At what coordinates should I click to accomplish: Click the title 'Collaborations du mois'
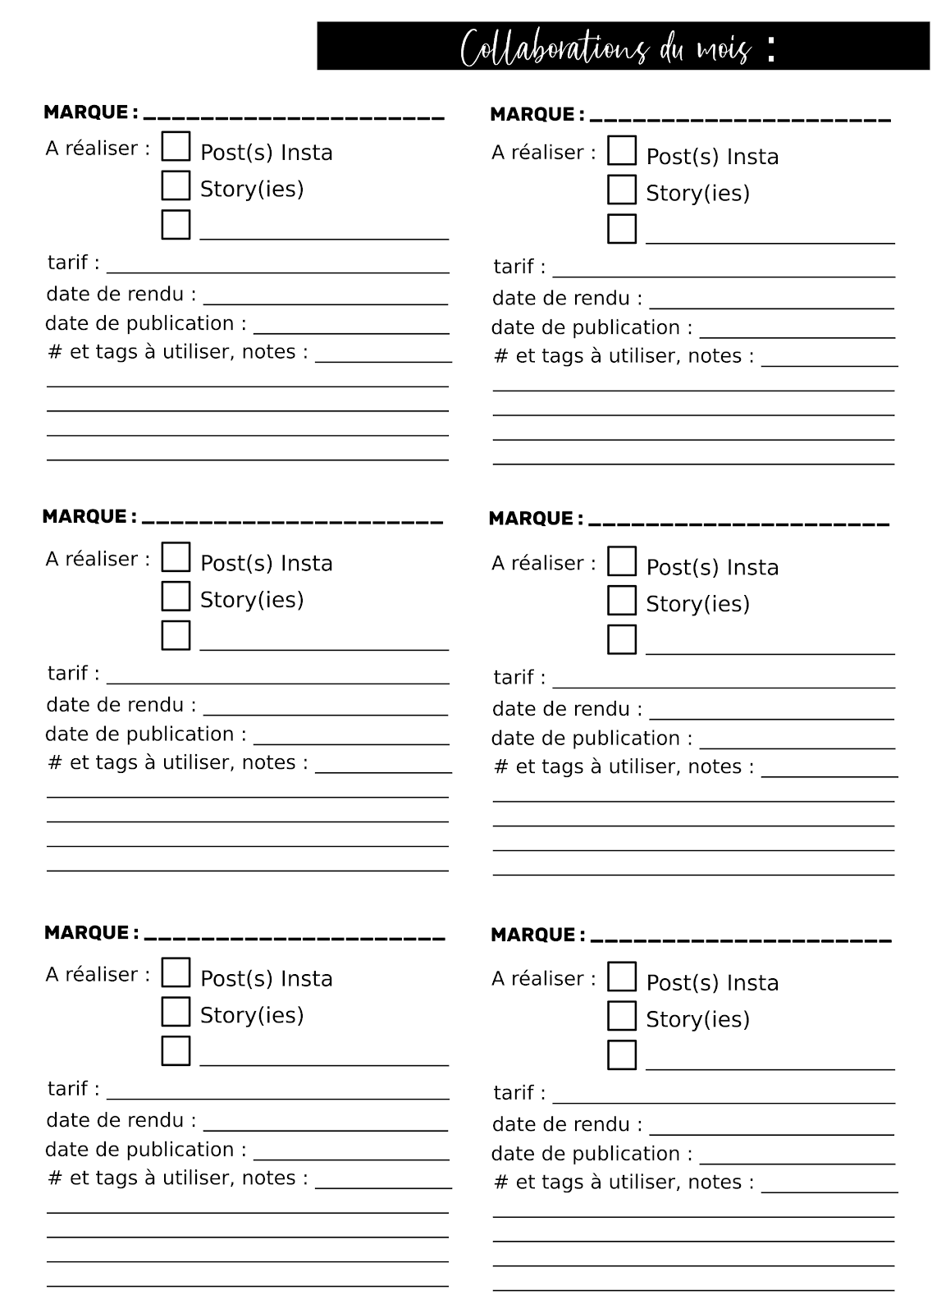point(605,48)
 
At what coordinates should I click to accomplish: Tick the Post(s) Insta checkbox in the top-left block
point(176,147)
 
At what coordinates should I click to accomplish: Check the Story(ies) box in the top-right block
point(622,190)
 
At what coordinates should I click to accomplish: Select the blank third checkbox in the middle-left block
point(176,635)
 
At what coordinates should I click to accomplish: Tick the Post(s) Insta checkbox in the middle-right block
point(622,561)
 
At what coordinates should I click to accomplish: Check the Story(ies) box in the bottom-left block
point(176,1012)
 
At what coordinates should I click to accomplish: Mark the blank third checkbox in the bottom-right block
point(622,1055)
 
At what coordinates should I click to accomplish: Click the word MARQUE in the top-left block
point(86,112)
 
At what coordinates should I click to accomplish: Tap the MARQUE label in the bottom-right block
point(532,935)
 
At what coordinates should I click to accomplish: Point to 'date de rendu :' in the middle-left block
point(121,705)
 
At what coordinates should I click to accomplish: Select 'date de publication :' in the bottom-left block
point(145,1150)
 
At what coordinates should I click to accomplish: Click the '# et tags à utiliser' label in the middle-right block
point(624,766)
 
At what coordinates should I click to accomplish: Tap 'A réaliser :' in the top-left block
point(98,149)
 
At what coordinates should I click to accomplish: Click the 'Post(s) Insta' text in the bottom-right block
point(712,982)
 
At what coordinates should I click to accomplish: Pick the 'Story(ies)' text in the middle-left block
point(252,600)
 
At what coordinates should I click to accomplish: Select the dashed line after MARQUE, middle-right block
point(738,523)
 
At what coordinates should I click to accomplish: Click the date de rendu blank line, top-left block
point(325,303)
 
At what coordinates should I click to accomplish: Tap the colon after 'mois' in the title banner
point(770,49)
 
